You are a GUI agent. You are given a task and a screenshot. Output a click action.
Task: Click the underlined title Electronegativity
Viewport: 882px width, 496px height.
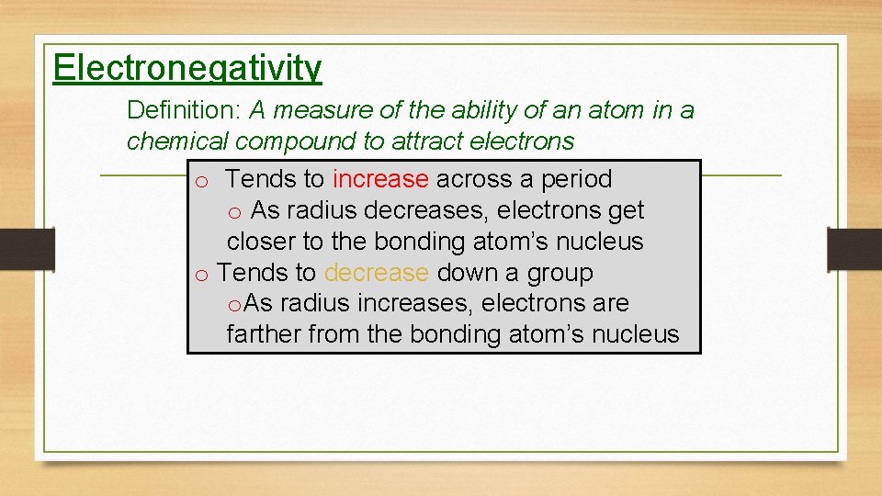[x=187, y=68]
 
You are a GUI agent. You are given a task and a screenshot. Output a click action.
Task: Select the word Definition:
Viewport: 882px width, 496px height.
[x=184, y=111]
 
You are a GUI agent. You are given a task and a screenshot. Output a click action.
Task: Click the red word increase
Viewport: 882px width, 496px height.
[x=380, y=179]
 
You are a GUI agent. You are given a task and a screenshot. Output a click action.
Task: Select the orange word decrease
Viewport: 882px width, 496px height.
[x=376, y=273]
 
